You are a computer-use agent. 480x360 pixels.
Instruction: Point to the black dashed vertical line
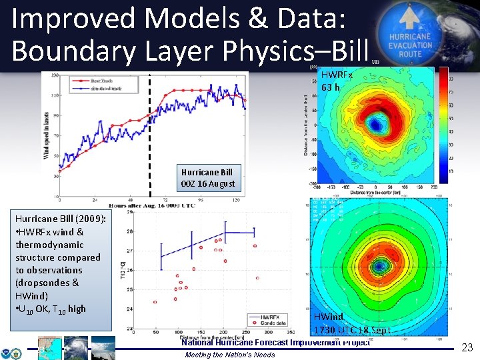pyautogui.click(x=150, y=133)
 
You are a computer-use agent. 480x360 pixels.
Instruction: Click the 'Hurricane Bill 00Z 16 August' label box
pyautogui.click(x=207, y=178)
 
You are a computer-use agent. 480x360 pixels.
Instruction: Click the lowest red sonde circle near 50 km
pyautogui.click(x=155, y=302)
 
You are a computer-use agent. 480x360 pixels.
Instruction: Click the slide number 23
pyautogui.click(x=467, y=347)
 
